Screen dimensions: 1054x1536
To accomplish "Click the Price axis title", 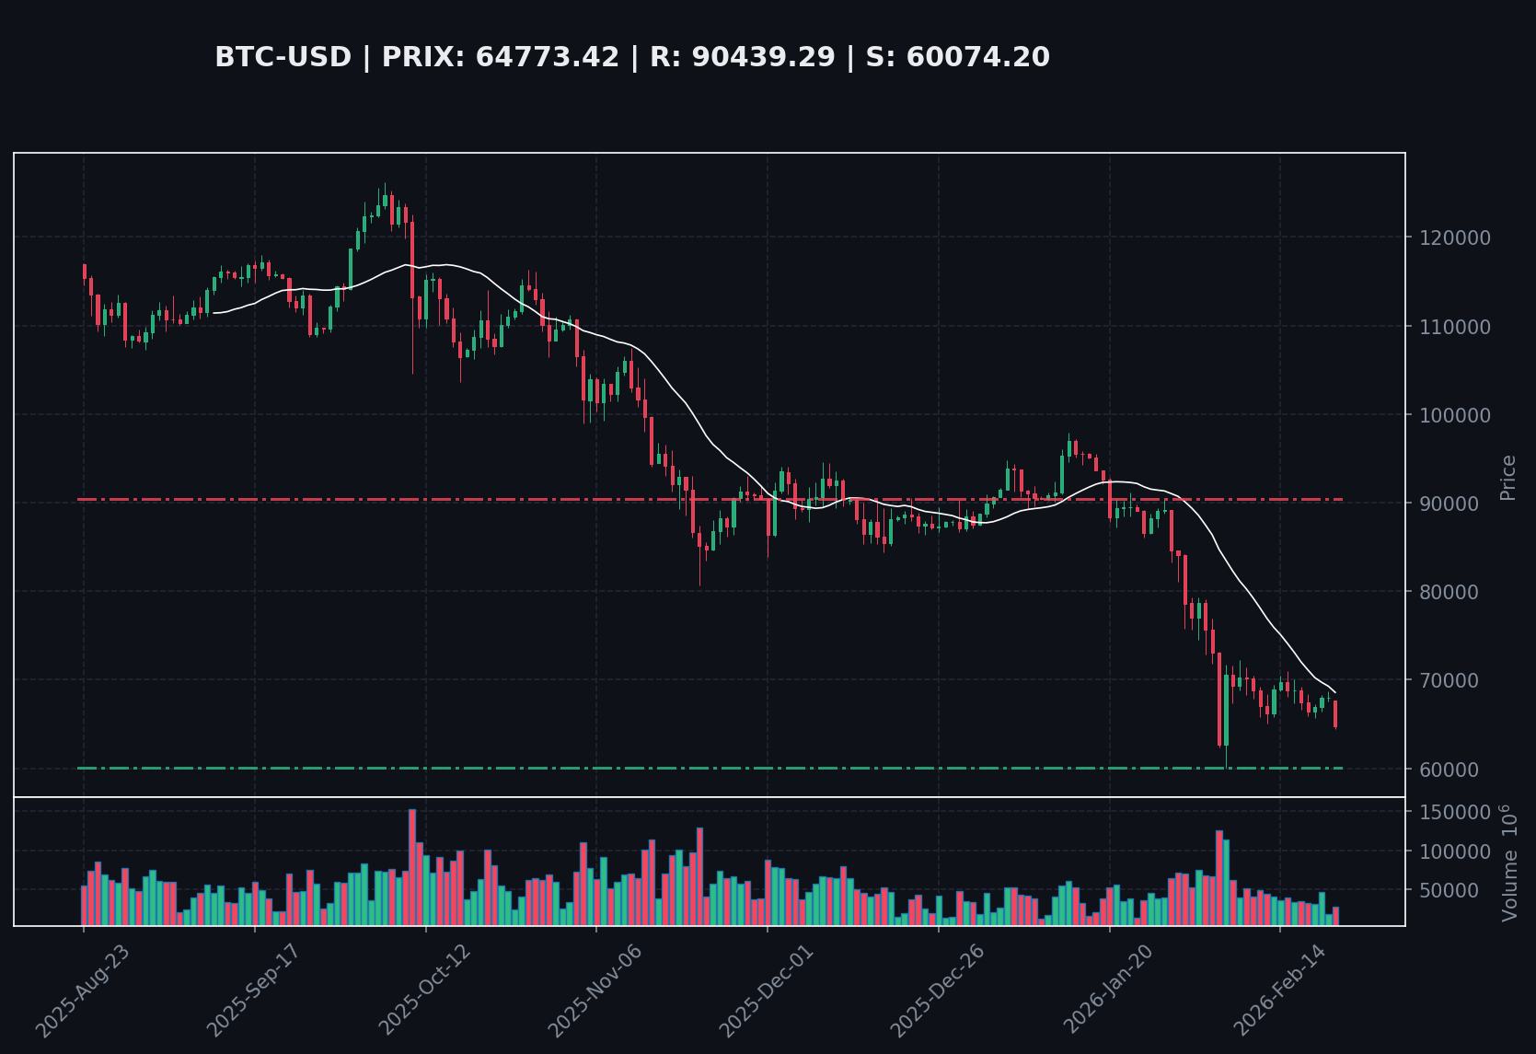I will pyautogui.click(x=1507, y=478).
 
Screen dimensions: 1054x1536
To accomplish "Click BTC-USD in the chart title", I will pyautogui.click(x=283, y=58).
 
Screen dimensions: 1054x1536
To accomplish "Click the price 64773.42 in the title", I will pyautogui.click(x=547, y=58).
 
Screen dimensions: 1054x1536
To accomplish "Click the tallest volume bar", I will pyautogui.click(x=412, y=866).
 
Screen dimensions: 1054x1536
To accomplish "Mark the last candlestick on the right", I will pyautogui.click(x=1335, y=714).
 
